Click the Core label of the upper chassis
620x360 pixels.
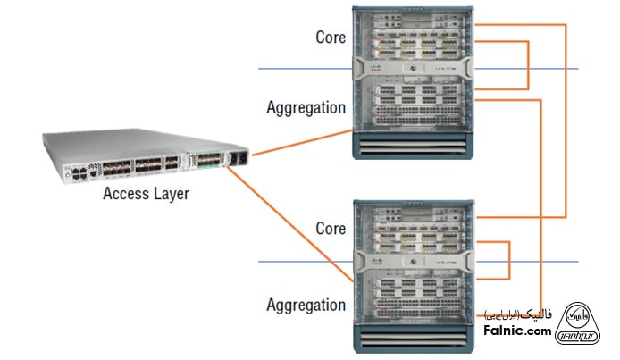[x=331, y=38]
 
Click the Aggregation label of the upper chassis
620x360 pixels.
[x=306, y=108]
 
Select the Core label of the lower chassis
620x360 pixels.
[x=331, y=229]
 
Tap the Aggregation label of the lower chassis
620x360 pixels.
[x=306, y=305]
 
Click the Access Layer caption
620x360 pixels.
[x=146, y=193]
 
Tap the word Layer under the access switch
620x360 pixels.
[x=169, y=193]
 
